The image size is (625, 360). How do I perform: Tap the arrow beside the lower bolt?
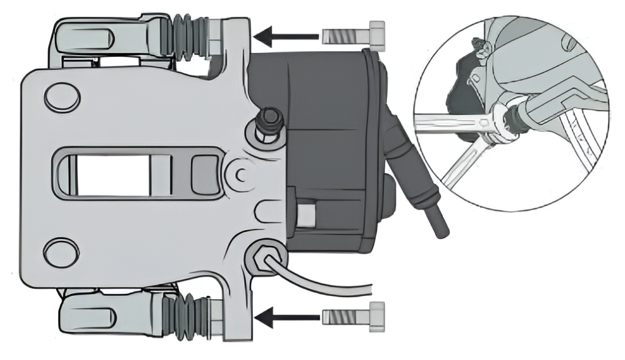[x=286, y=317]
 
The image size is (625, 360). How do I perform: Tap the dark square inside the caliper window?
[x=205, y=174]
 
